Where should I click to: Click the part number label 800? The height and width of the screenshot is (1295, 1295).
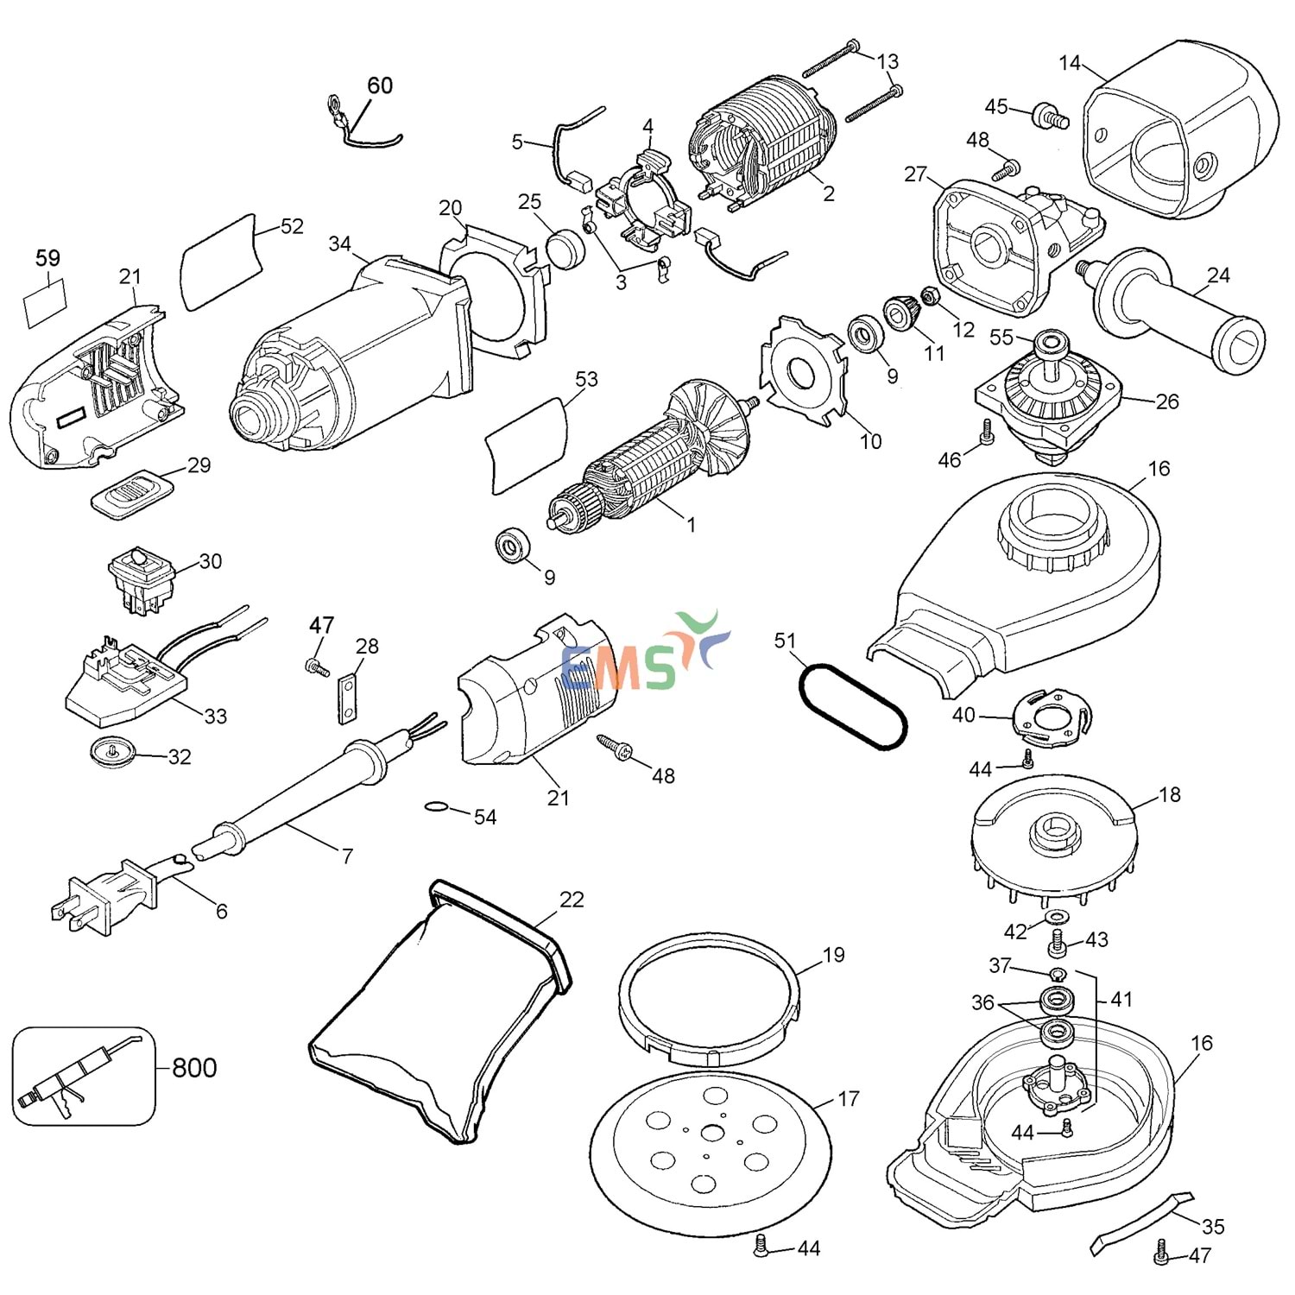[x=194, y=1068]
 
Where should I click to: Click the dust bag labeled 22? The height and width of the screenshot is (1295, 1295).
[x=440, y=1010]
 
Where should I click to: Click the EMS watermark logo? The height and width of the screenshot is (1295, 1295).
[x=643, y=656]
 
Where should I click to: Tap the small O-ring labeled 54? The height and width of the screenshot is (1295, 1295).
[x=436, y=808]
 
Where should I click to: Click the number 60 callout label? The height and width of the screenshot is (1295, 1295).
[x=380, y=85]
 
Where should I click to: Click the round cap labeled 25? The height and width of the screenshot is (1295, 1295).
[x=565, y=249]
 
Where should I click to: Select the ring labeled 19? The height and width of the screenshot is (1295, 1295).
[x=710, y=999]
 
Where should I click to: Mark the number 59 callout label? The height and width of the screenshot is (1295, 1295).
[x=47, y=258]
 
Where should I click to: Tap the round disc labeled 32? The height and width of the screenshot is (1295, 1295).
[x=113, y=751]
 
